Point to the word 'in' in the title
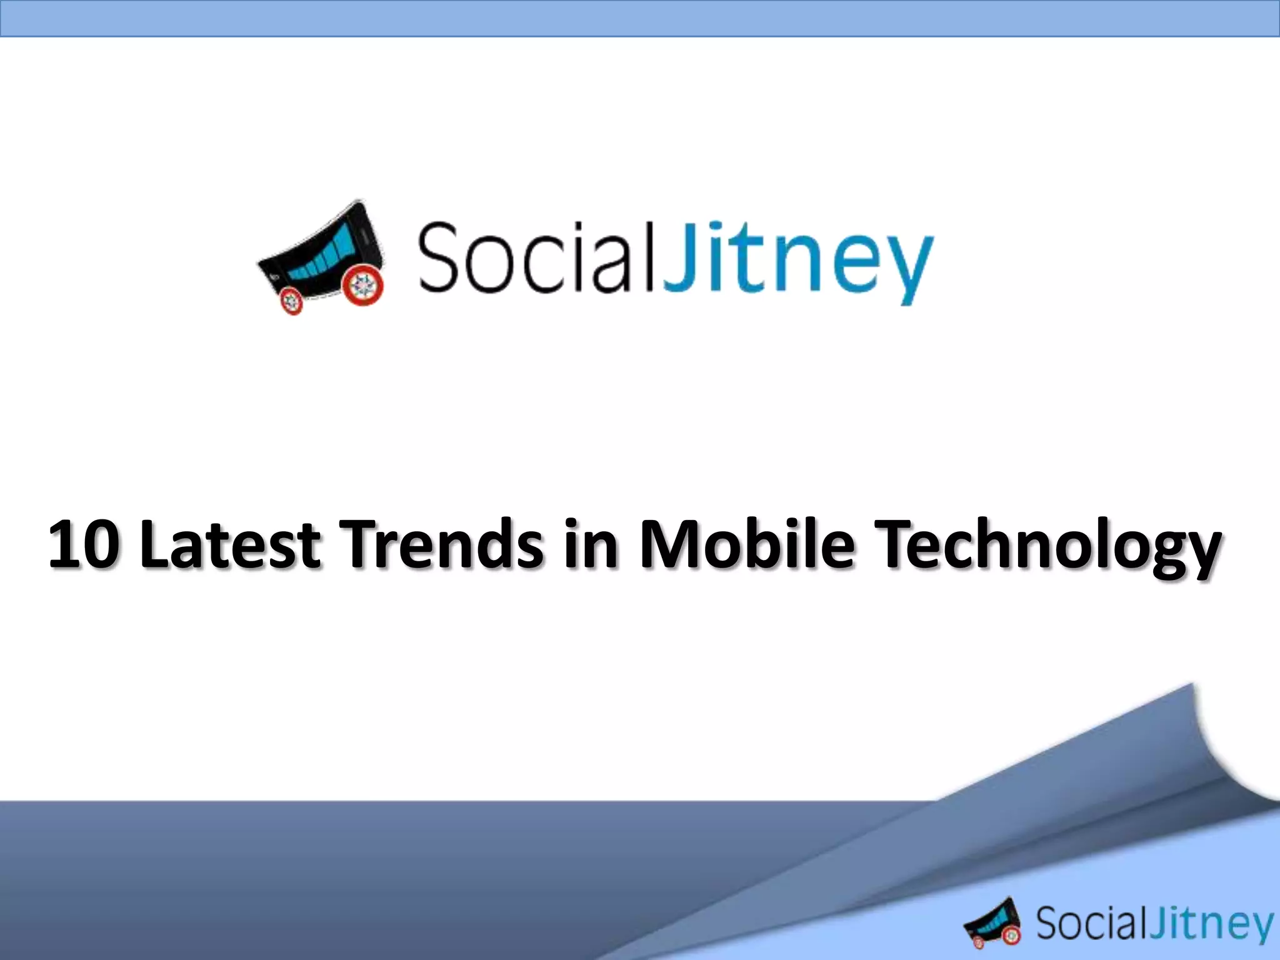(x=590, y=544)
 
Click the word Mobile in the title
(x=746, y=544)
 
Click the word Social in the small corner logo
(x=1091, y=923)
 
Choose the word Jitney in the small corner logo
(x=1212, y=926)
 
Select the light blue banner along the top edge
(x=640, y=18)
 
